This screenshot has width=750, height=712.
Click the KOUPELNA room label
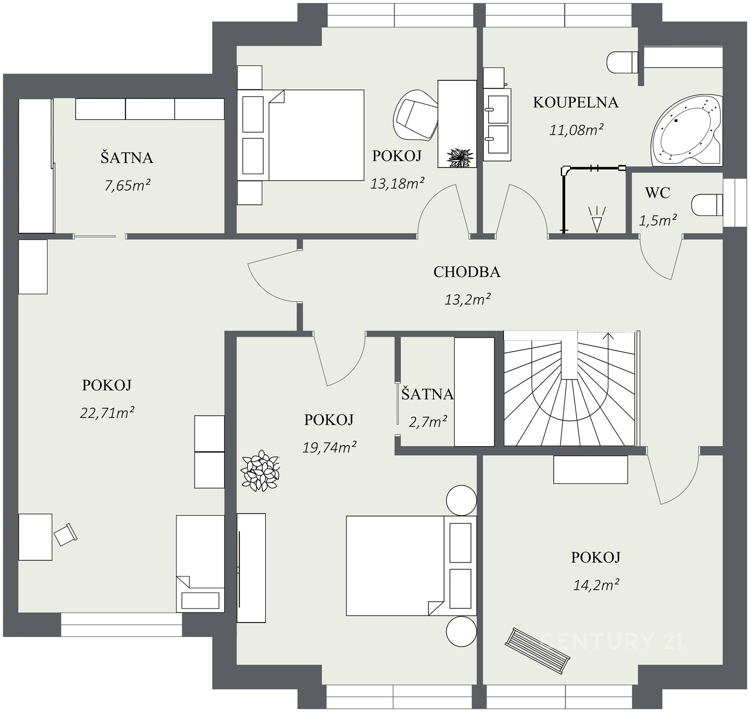[x=576, y=102]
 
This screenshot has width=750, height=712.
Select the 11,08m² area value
[x=577, y=129]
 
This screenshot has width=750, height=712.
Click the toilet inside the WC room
[x=707, y=205]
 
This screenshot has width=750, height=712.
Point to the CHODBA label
[x=467, y=272]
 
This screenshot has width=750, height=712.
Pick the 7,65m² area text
[x=127, y=185]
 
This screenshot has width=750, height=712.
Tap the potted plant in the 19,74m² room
[x=260, y=470]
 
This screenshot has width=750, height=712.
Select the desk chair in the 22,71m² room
[x=66, y=535]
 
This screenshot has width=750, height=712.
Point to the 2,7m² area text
[x=428, y=422]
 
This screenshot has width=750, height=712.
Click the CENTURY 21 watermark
[x=612, y=641]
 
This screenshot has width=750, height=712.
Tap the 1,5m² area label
[x=658, y=221]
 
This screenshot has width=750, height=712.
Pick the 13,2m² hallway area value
[x=468, y=300]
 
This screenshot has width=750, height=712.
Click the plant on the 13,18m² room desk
[x=460, y=158]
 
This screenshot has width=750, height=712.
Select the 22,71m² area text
[x=107, y=413]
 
